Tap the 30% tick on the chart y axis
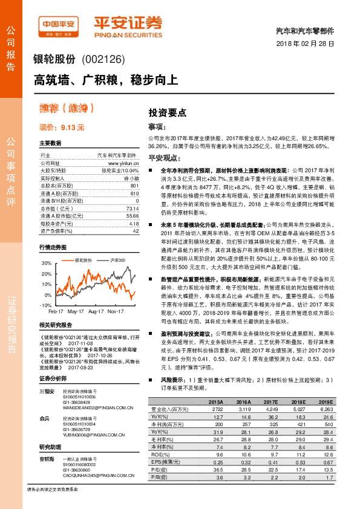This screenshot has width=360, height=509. point(45,264)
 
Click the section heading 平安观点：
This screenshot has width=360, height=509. point(165,158)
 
